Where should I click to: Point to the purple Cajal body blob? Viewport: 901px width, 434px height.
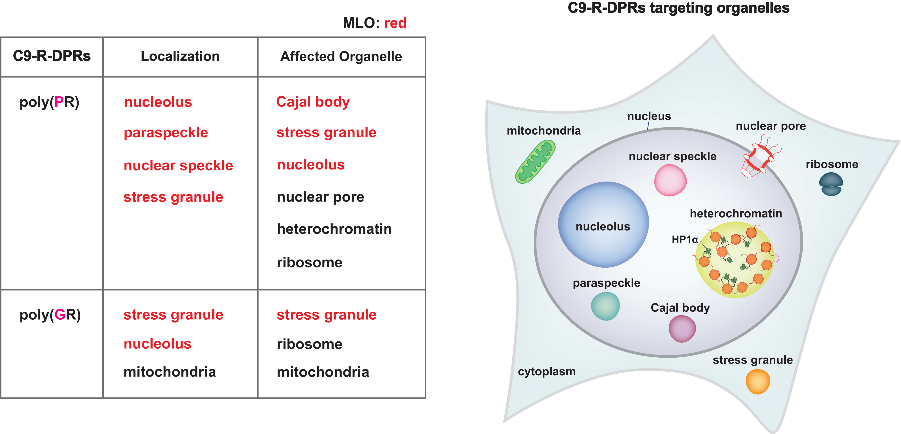click(682, 329)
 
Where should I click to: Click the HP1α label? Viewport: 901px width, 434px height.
click(684, 240)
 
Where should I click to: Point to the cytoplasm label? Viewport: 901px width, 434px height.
click(547, 371)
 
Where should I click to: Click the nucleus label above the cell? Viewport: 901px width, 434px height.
click(649, 116)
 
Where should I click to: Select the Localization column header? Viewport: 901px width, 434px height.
click(180, 56)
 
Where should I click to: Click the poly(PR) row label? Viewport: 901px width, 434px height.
click(49, 102)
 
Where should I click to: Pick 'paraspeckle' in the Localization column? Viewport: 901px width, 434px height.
click(166, 133)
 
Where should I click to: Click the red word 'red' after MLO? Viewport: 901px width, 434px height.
click(395, 23)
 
